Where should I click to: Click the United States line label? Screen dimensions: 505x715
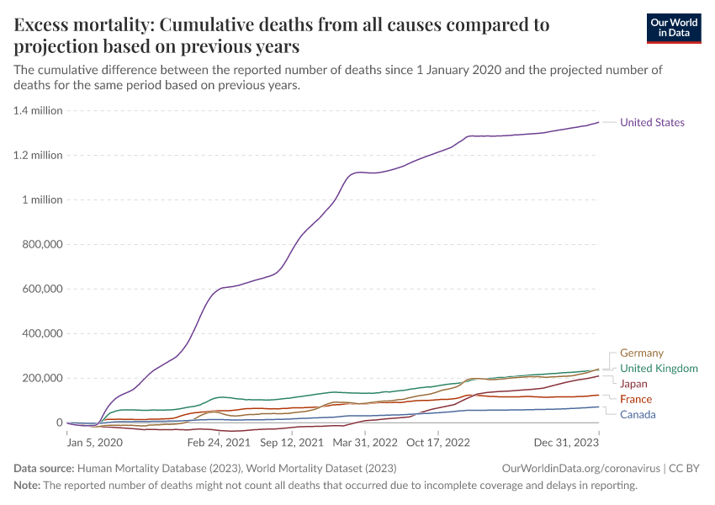point(652,123)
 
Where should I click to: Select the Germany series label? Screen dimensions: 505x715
point(641,353)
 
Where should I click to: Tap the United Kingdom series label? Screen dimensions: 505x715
point(659,369)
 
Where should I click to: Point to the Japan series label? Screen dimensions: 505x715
point(633,384)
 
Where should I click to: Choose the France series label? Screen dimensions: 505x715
point(635,399)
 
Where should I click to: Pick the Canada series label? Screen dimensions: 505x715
point(638,414)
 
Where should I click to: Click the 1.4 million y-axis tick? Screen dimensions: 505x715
point(37,111)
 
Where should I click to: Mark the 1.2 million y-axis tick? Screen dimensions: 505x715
point(37,156)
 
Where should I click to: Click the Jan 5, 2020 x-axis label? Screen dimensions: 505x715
point(94,441)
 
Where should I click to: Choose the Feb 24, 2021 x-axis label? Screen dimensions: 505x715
point(219,441)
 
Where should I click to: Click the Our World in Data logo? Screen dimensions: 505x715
point(673,28)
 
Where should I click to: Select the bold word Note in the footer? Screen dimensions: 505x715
point(27,486)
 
